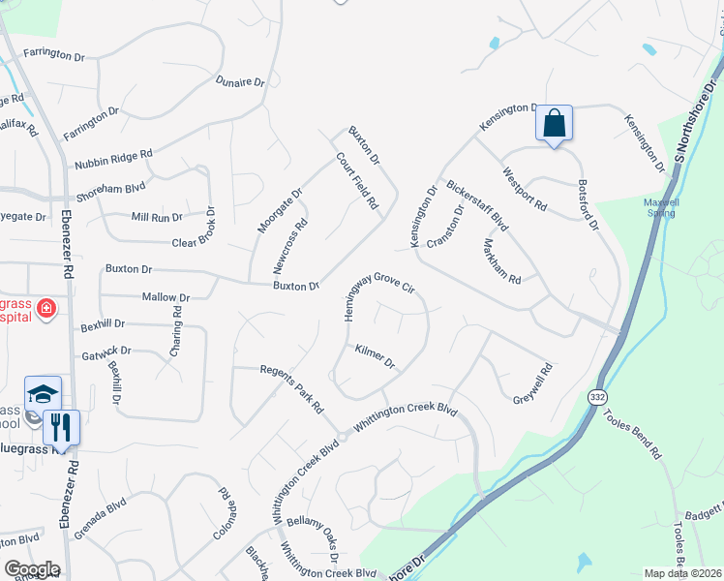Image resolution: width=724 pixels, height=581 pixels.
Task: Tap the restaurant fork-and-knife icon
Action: [x=60, y=425]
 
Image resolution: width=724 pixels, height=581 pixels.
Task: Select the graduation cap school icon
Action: [x=43, y=394]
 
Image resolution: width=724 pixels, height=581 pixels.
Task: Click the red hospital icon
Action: [x=45, y=308]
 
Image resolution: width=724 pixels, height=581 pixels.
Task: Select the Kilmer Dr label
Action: [x=376, y=356]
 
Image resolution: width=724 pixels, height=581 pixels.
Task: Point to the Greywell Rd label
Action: [x=531, y=383]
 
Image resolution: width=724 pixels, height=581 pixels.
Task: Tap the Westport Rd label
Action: [x=526, y=190]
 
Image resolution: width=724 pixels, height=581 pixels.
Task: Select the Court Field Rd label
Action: [x=355, y=181]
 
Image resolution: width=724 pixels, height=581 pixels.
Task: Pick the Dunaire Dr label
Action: [x=240, y=81]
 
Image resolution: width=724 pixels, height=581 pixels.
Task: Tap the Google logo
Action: [x=32, y=569]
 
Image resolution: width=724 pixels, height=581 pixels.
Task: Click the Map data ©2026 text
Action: [x=683, y=573]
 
